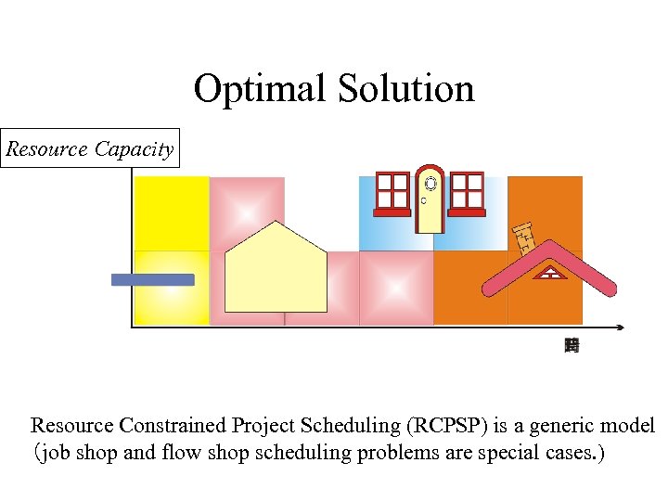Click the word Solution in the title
pos(405,89)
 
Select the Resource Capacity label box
pos(90,149)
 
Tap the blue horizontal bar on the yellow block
pos(153,279)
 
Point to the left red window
pos(392,193)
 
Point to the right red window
pos(467,193)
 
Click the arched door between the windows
pos(430,200)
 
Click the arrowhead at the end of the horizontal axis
pos(619,327)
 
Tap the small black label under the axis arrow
pos(572,346)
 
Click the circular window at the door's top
pos(430,183)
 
